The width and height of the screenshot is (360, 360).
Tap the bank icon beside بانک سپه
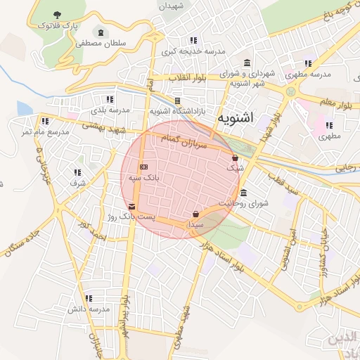click(143, 167)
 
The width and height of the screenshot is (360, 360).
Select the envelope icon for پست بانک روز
click(131, 206)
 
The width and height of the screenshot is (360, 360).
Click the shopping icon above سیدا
click(195, 214)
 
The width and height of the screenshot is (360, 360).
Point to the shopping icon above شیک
click(234, 158)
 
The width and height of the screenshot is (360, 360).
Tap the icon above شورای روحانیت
click(244, 193)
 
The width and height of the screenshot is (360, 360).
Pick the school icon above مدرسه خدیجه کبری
click(193, 40)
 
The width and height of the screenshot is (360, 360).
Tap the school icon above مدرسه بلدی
click(109, 99)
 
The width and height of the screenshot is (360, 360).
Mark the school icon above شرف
click(77, 172)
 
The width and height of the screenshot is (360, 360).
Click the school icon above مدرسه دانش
click(89, 298)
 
